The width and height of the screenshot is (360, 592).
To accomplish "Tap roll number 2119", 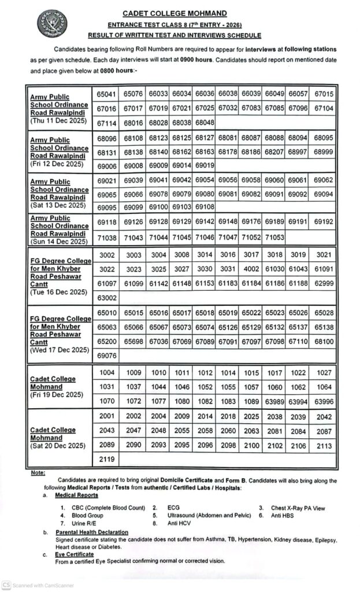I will pos(106,460).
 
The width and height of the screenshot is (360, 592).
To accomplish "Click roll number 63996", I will pos(322,400).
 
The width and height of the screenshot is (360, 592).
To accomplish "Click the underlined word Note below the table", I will pos(39,473).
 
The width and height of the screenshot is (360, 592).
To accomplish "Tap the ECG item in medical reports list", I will pos(173,508).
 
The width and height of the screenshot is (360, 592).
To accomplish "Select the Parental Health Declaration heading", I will pos(92,532).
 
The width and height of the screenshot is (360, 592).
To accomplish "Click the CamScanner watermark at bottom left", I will pos(38,584).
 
